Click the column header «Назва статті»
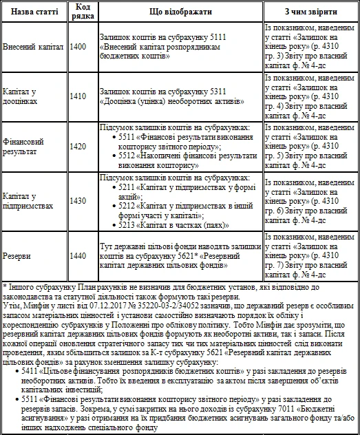pos(34,12)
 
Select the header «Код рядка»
pos(78,12)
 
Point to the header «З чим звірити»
pos(310,12)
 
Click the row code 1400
pos(78,47)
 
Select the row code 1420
pos(78,146)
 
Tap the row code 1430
pos(78,200)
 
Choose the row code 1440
pos(78,255)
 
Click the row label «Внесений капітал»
pos(33,47)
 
